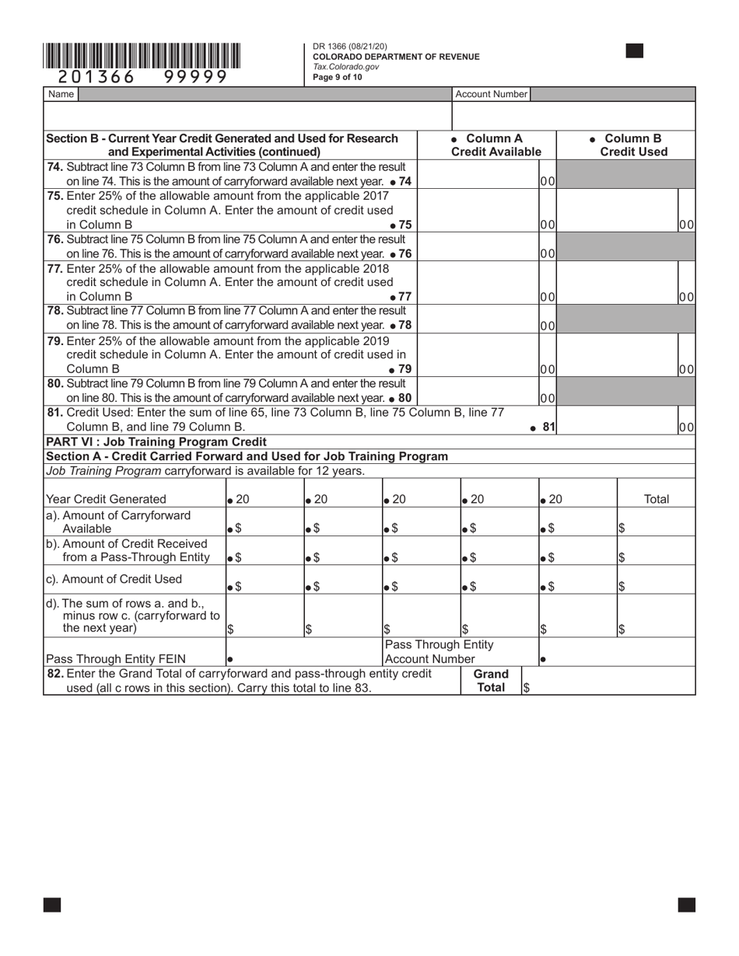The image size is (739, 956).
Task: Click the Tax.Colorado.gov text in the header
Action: pos(346,67)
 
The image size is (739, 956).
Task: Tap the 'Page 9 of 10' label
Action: pos(338,77)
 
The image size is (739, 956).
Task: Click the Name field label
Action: pos(61,94)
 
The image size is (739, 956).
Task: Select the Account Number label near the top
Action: pos(491,94)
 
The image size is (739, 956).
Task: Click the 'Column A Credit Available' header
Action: pos(496,145)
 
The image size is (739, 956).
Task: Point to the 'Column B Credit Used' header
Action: pos(633,145)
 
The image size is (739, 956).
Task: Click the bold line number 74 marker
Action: pos(405,181)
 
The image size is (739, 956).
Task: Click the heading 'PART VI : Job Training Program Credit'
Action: pos(156,441)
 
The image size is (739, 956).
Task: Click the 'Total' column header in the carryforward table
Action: pos(657,499)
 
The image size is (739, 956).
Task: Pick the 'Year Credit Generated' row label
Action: pos(106,499)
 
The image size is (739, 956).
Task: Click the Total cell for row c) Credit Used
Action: pos(656,580)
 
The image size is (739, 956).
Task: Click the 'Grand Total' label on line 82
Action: pos(491,680)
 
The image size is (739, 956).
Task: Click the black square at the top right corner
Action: pos(634,51)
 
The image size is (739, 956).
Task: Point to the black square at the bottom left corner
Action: pos(52,904)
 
